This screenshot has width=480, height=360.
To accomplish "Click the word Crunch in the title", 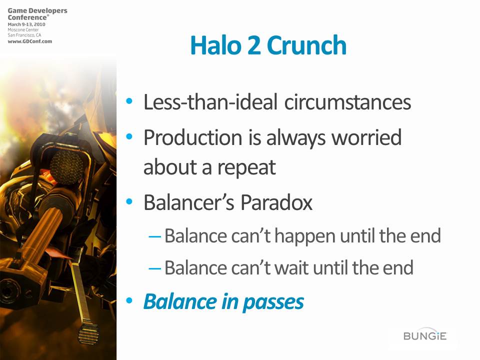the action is [x=306, y=45].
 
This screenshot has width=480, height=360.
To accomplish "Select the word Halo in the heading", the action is [x=216, y=45].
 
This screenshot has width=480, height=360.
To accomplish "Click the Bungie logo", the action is [x=425, y=336].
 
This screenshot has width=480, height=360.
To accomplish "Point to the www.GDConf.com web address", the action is [x=29, y=41].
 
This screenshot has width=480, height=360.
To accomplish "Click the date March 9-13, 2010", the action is [x=26, y=24].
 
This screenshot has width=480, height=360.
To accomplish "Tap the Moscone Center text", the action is [x=23, y=29].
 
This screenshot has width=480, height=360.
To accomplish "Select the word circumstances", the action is [x=347, y=102].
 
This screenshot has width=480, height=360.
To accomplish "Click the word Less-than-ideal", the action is [x=210, y=102].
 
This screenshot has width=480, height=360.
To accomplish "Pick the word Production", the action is [x=193, y=137].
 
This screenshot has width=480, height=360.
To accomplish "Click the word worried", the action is [x=366, y=137].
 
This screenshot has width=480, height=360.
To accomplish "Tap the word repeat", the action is [x=246, y=168].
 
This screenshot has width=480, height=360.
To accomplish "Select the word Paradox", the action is [x=276, y=202].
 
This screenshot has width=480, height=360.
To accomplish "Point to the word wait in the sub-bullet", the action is [x=291, y=267].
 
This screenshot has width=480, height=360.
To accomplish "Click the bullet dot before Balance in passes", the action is [x=129, y=300].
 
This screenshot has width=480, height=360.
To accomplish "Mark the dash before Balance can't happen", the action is [x=154, y=237].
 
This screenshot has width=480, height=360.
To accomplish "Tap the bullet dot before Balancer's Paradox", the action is [x=129, y=201].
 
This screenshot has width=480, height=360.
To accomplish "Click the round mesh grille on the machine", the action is [x=66, y=167].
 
